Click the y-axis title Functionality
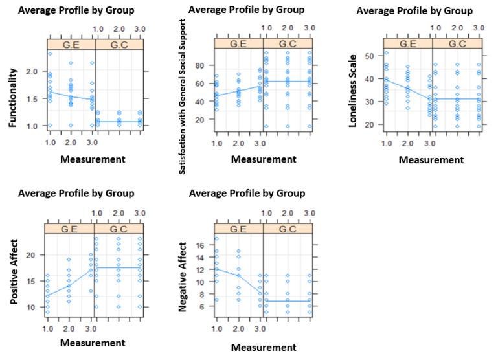(x=13, y=98)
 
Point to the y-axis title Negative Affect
(x=183, y=277)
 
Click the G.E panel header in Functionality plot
(x=71, y=44)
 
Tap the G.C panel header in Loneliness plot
(x=457, y=44)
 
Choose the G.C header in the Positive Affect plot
(x=119, y=227)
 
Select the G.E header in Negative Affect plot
(x=239, y=227)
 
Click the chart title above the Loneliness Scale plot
(x=414, y=11)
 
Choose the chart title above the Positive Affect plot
(x=76, y=193)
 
